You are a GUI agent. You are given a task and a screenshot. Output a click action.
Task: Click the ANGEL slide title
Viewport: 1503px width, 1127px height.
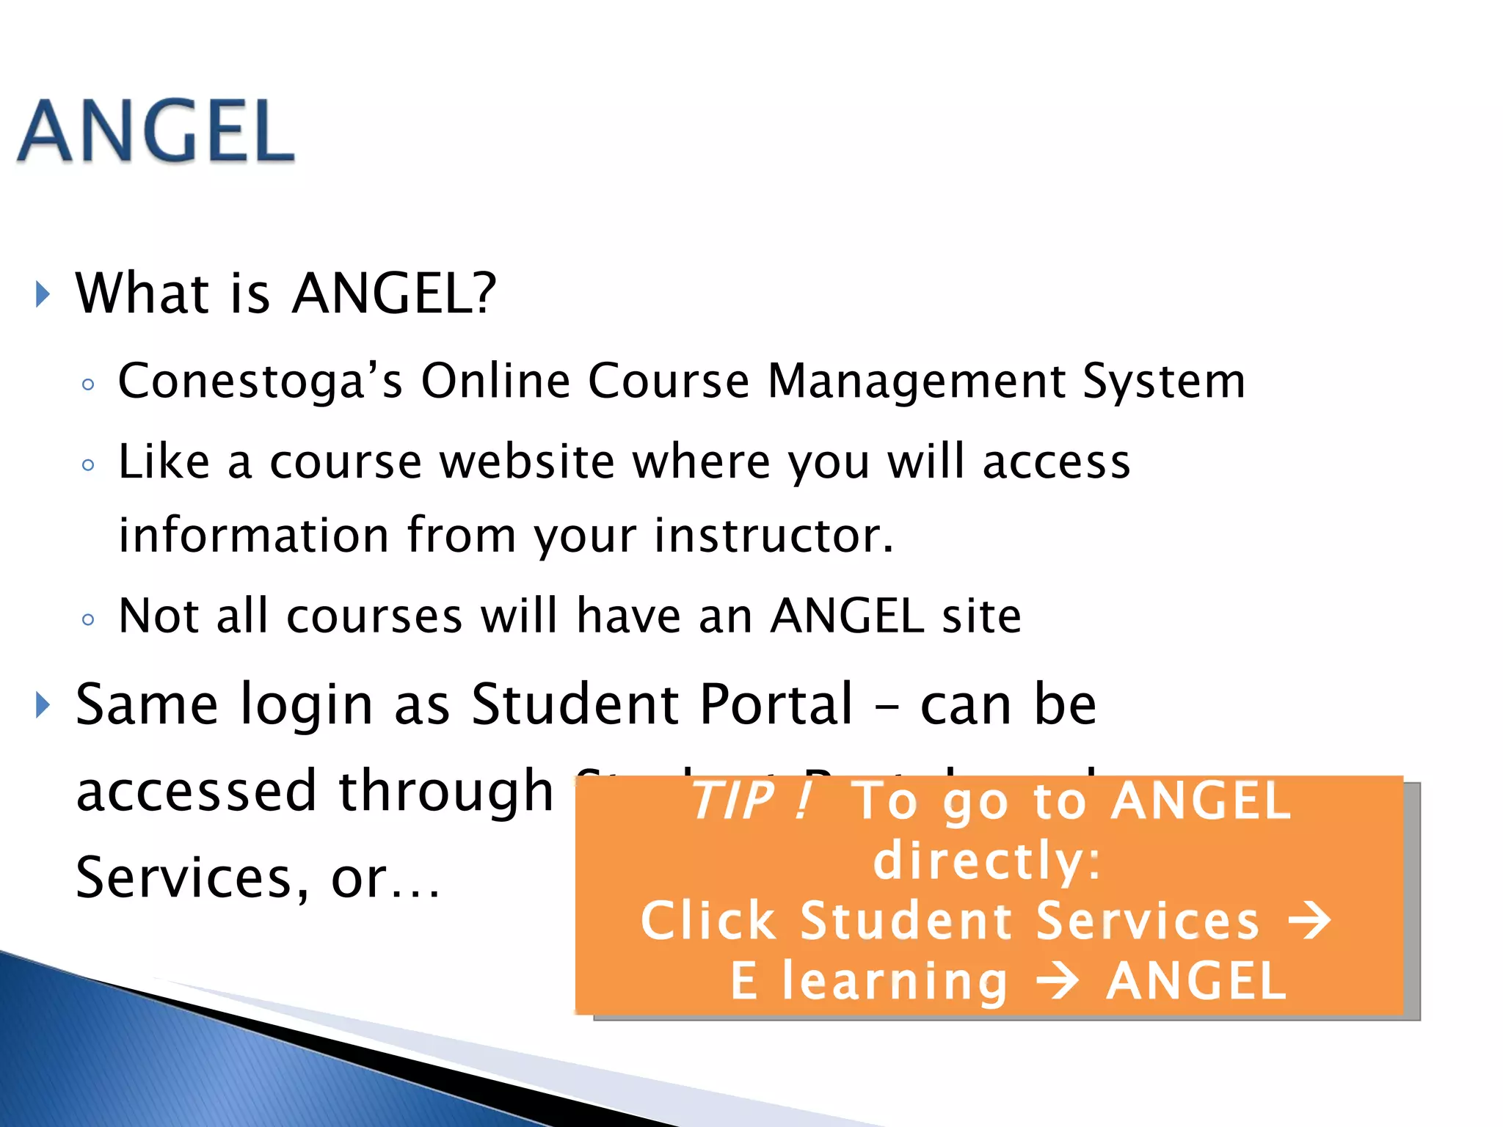click(156, 132)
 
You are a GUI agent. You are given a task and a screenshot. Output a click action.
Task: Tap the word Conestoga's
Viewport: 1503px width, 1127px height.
click(261, 382)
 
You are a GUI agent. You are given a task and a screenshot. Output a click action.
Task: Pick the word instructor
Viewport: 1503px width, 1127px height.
click(774, 536)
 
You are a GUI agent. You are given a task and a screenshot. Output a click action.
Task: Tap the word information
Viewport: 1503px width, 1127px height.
click(254, 536)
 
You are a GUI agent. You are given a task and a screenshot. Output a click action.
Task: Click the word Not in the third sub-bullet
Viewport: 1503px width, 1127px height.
click(159, 616)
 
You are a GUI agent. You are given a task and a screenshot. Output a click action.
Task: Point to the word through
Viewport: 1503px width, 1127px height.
click(446, 792)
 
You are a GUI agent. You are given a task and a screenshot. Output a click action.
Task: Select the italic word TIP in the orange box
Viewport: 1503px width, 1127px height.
click(733, 800)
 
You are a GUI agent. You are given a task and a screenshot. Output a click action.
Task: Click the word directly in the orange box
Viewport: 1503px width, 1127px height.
click(987, 861)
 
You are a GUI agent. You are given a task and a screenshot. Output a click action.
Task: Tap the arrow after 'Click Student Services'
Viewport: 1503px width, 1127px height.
click(1310, 921)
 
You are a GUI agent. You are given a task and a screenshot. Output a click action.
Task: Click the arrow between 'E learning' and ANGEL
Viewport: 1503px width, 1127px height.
click(1057, 982)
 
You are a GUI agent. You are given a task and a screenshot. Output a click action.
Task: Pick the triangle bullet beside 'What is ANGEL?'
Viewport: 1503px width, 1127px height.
click(43, 294)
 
